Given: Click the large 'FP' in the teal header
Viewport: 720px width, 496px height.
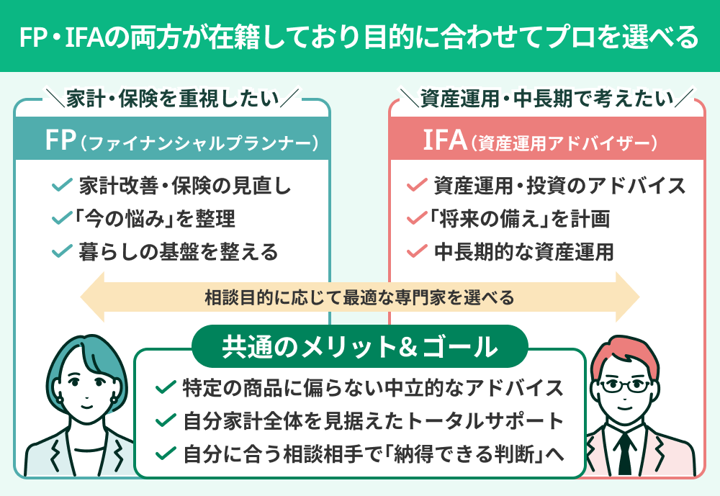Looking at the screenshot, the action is pyautogui.click(x=60, y=140).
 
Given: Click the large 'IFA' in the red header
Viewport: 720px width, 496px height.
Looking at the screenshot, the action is pyautogui.click(x=444, y=140).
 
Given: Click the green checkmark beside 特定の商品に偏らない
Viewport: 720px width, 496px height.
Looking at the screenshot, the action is pyautogui.click(x=166, y=387).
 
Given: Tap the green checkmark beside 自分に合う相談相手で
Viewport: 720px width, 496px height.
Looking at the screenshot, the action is pyautogui.click(x=166, y=454).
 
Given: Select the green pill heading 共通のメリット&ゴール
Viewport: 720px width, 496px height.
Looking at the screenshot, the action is pyautogui.click(x=360, y=346).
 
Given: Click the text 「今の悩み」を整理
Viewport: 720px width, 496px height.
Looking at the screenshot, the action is pyautogui.click(x=154, y=218).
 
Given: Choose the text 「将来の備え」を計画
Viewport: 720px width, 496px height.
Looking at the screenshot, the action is pyautogui.click(x=519, y=218).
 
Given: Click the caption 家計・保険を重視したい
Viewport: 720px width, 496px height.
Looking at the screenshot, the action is pyautogui.click(x=172, y=99).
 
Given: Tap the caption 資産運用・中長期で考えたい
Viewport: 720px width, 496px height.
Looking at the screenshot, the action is pyautogui.click(x=547, y=99).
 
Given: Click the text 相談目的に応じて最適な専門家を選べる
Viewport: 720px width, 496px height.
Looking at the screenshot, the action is pyautogui.click(x=359, y=297).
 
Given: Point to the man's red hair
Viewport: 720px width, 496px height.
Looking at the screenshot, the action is pyautogui.click(x=625, y=355).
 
